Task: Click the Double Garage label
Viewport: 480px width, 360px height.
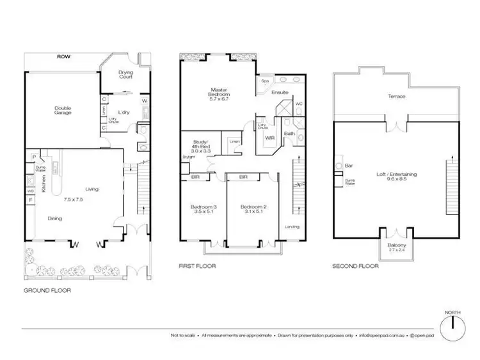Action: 62,109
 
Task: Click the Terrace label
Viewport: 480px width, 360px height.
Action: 397,97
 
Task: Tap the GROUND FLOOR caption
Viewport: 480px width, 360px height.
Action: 47,290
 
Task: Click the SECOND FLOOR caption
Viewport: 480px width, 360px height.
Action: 355,266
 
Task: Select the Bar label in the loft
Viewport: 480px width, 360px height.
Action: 349,166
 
